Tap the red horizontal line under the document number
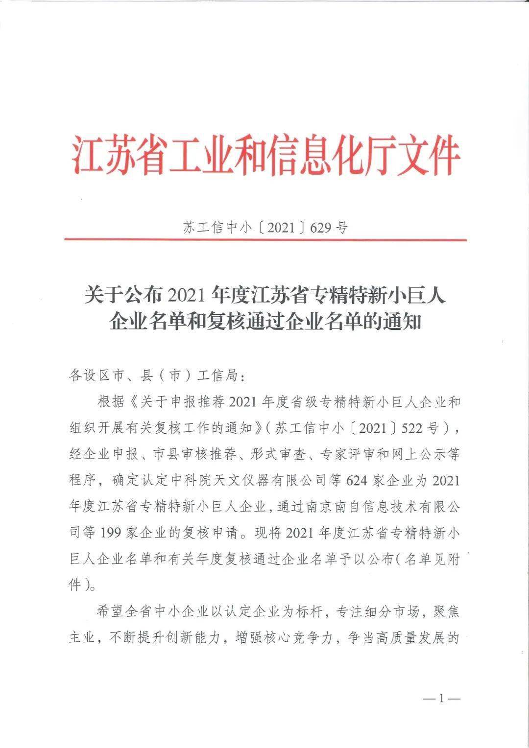click(265, 240)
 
